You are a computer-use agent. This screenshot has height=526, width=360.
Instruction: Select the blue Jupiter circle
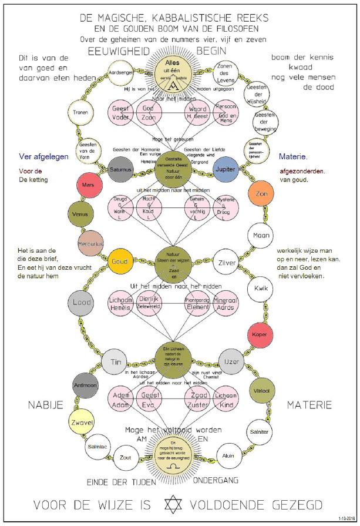[224, 169]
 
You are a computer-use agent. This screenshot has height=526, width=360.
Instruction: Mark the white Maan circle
[260, 236]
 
